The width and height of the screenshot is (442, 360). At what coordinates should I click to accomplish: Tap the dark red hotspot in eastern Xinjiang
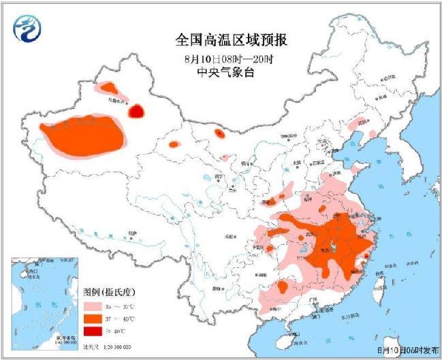[x=137, y=110]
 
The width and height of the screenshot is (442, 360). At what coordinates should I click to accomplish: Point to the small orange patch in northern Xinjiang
[x=108, y=88]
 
